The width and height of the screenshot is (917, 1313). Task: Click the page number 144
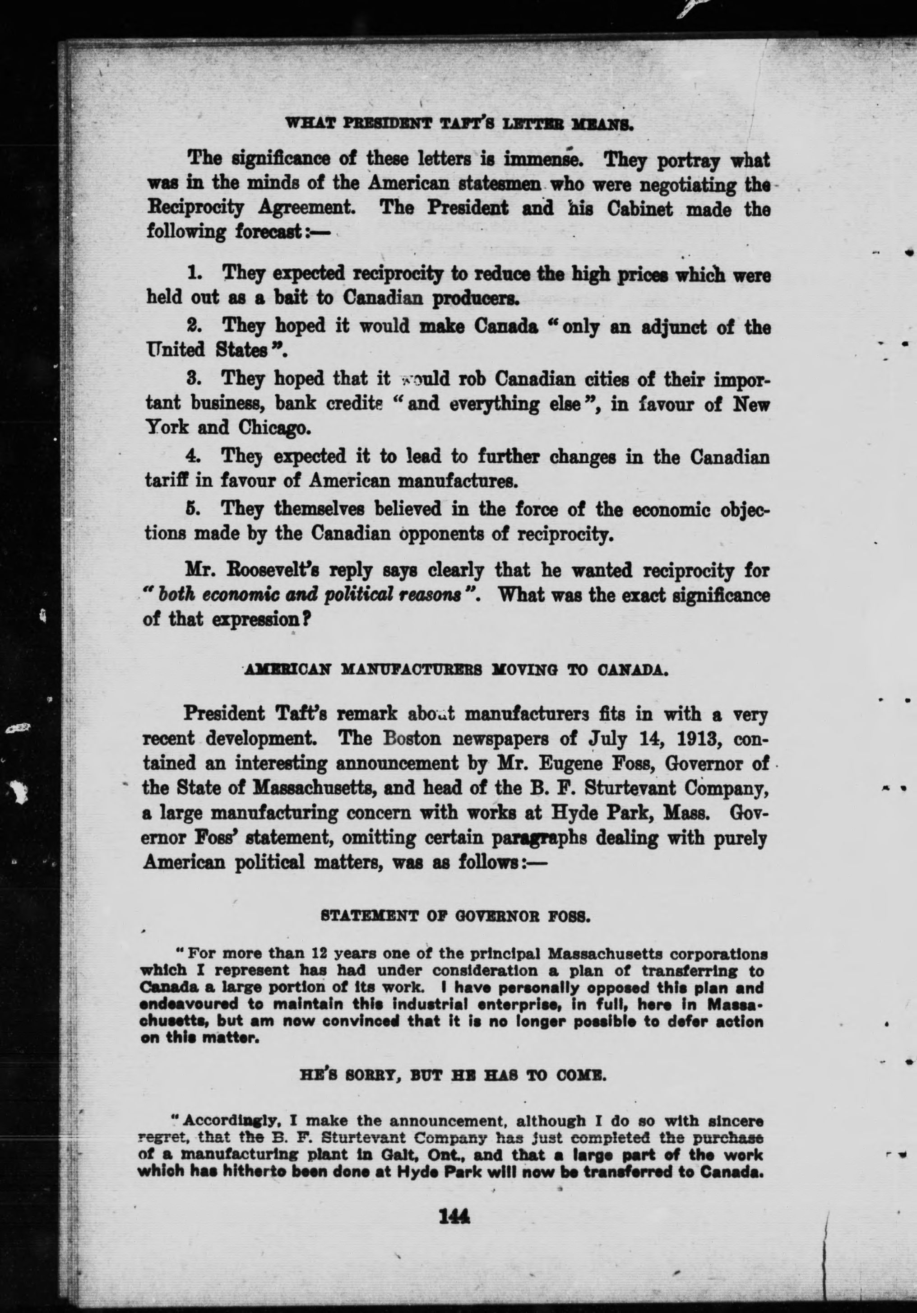pyautogui.click(x=452, y=1229)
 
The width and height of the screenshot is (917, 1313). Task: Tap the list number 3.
pyautogui.click(x=194, y=378)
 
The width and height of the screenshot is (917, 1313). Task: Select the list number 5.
pyautogui.click(x=194, y=508)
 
